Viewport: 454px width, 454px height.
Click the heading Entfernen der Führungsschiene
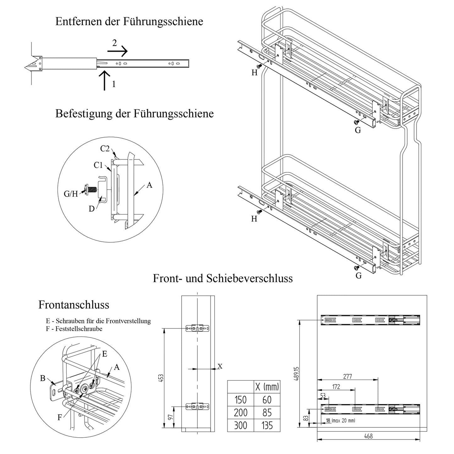(129, 21)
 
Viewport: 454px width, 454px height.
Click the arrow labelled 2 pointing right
(118, 50)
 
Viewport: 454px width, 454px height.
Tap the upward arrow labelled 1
(105, 81)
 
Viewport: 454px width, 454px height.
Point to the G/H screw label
(71, 194)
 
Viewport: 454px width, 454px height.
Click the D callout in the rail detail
(91, 209)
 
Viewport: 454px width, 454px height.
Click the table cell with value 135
(267, 425)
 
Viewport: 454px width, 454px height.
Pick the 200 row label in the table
(240, 413)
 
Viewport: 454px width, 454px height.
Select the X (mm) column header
(267, 386)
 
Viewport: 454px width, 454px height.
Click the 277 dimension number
(347, 376)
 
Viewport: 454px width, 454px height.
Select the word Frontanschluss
(74, 304)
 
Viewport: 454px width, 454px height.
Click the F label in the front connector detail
(59, 417)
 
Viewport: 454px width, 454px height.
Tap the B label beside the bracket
(43, 378)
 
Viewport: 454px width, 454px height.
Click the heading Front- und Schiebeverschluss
(223, 278)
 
